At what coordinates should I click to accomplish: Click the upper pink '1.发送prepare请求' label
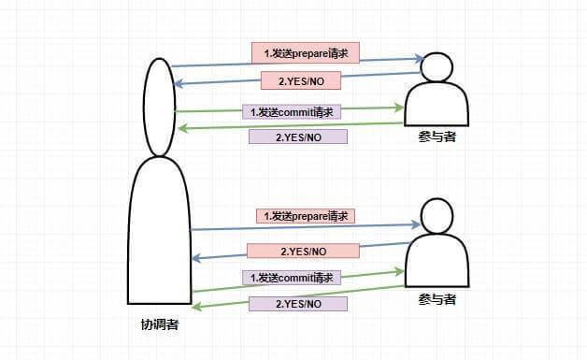click(x=305, y=51)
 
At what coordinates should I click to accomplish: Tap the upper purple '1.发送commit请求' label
click(x=292, y=111)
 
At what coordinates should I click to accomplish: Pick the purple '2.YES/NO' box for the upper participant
click(x=297, y=137)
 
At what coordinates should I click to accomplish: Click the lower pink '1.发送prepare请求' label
click(x=306, y=216)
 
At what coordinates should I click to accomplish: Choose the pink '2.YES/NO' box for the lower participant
click(x=303, y=251)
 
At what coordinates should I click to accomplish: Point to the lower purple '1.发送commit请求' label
click(x=292, y=278)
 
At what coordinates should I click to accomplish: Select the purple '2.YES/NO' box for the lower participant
click(x=297, y=304)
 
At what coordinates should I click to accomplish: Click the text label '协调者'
click(x=160, y=325)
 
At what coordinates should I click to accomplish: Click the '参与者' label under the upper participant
click(x=437, y=137)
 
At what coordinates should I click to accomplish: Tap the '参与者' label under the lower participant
click(x=437, y=299)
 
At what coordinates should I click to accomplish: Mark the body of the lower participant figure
click(x=437, y=262)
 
